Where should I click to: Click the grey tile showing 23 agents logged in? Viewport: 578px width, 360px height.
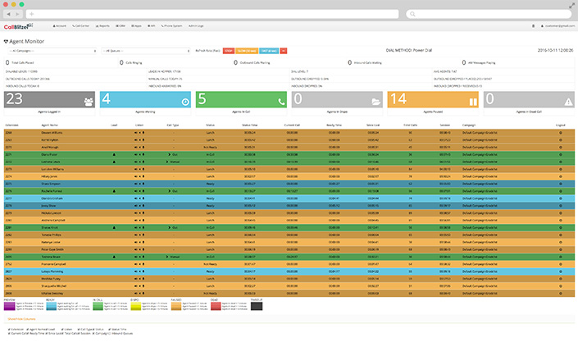(50, 99)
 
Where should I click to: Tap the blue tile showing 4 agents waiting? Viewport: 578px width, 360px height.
(146, 99)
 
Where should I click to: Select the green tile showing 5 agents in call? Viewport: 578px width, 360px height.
(242, 99)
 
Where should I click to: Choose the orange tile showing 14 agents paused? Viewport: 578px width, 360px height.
(433, 99)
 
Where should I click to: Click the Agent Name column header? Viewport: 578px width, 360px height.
(50, 125)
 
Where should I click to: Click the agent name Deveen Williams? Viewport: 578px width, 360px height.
(52, 131)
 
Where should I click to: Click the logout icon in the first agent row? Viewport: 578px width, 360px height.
(561, 131)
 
